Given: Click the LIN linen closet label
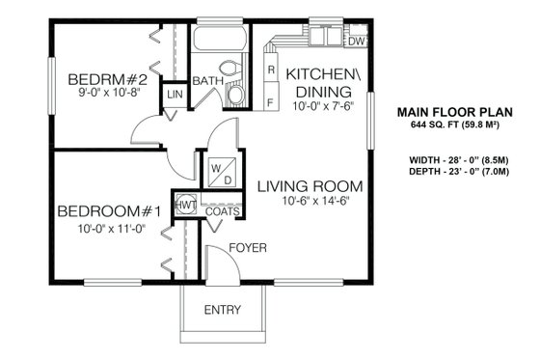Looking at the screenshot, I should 175,95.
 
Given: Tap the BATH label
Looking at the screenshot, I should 206,81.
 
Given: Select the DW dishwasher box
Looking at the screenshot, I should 356,42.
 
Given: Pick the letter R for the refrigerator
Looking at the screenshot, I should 271,70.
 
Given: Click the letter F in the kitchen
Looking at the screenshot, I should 271,101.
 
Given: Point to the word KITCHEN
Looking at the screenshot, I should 324,74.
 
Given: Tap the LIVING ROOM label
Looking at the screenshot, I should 309,186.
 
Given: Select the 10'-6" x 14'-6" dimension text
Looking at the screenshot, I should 309,202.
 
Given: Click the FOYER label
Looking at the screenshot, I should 246,248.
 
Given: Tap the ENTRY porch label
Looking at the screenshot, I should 223,310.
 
